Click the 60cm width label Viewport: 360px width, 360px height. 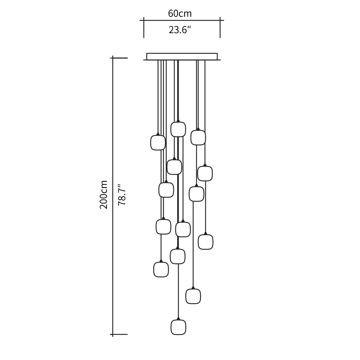pyautogui.click(x=180, y=14)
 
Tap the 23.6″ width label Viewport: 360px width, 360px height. pyautogui.click(x=180, y=30)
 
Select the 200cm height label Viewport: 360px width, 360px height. pyautogui.click(x=104, y=195)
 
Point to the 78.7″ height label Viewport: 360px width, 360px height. pyautogui.click(x=122, y=195)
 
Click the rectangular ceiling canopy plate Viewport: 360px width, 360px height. pyautogui.click(x=182, y=56)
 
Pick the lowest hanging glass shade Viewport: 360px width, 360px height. pyautogui.click(x=178, y=327)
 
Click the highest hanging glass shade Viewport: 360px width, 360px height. pyautogui.click(x=178, y=129)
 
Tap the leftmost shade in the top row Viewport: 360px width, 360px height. pyautogui.click(x=158, y=143)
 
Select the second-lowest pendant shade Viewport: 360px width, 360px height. pyautogui.click(x=193, y=296)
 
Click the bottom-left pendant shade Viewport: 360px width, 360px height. pyautogui.click(x=161, y=269)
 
